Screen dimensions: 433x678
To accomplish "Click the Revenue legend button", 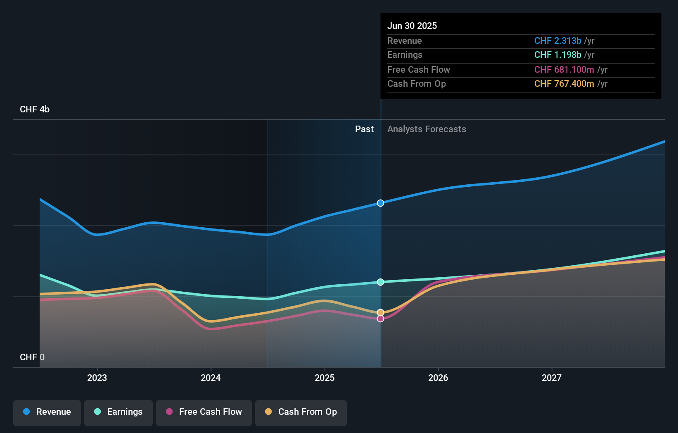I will point(47,412).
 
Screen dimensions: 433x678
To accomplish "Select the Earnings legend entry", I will point(119,412).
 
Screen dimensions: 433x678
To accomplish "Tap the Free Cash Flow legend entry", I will point(204,412).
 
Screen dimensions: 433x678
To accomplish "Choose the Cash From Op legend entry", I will point(301,412).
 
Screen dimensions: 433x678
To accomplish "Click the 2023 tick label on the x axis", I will point(97,378).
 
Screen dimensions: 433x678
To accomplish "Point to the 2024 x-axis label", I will point(211,378).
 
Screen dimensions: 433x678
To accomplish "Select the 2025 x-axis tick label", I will point(325,378).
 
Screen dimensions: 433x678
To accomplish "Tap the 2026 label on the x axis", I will point(438,378).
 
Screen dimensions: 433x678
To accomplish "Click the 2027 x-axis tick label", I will point(552,378).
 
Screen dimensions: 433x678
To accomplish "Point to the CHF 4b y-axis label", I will point(35,109).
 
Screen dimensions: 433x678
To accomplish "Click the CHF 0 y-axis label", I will point(32,357).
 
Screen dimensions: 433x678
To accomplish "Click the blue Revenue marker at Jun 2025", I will point(381,203).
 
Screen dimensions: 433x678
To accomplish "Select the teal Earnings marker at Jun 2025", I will point(381,282).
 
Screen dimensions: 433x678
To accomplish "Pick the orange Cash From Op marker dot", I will point(381,312).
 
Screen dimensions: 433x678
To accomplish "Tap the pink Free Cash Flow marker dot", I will point(381,319).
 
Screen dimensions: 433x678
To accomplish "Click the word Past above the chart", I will point(364,129).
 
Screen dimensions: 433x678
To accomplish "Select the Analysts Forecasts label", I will point(427,129).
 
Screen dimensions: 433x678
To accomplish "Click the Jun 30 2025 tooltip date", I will point(412,26).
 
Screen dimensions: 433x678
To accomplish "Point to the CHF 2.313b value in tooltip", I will point(557,41).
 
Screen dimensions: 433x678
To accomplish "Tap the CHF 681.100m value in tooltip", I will point(564,70).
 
